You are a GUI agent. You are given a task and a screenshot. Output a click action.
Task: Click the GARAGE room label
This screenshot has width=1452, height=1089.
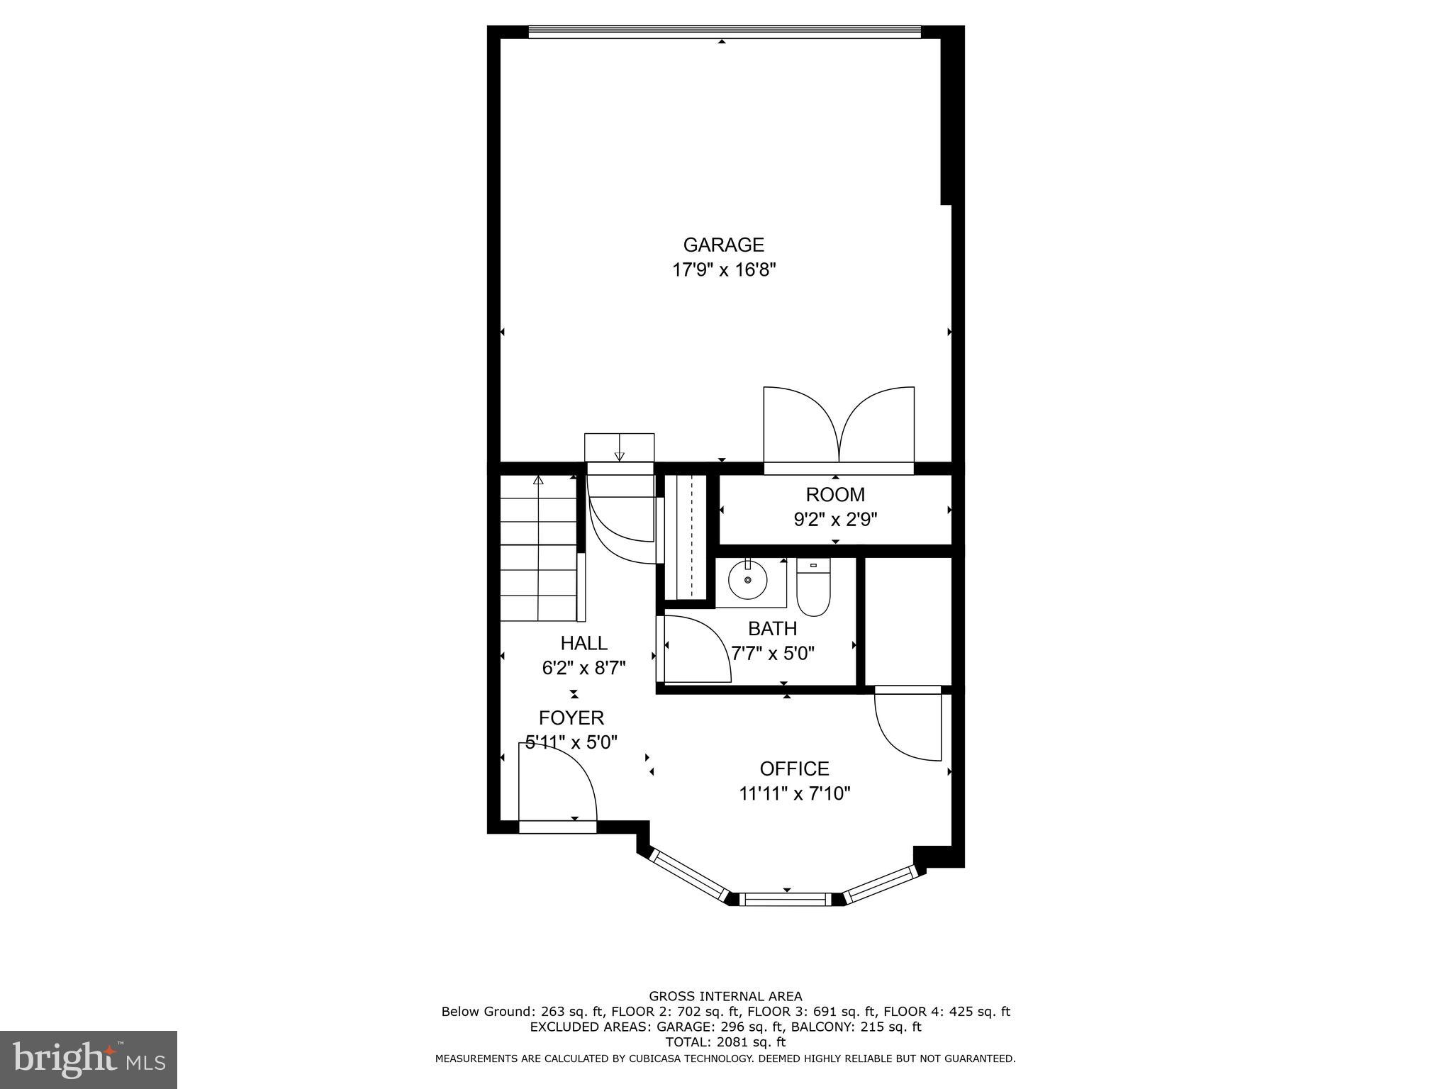click(723, 245)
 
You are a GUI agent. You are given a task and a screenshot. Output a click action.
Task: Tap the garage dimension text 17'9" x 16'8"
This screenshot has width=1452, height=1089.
click(724, 270)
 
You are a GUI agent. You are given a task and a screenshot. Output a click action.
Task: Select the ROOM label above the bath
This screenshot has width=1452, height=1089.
click(835, 494)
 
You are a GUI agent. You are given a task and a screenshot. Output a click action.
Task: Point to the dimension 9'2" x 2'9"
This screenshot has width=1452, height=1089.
click(835, 520)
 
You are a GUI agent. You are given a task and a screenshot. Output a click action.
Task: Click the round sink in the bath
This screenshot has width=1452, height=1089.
click(748, 581)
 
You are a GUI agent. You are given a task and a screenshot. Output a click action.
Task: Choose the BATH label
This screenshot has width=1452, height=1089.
click(772, 628)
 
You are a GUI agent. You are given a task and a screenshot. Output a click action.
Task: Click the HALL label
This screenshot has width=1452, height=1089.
click(583, 643)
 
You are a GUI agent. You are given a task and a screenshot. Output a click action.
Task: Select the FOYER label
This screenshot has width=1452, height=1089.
click(571, 717)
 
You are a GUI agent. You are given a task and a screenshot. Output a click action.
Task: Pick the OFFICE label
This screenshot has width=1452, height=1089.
click(794, 769)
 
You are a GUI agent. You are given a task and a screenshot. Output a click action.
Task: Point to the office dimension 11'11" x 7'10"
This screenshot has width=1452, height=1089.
click(794, 793)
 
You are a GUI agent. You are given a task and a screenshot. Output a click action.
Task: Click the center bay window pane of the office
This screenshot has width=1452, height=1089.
click(786, 900)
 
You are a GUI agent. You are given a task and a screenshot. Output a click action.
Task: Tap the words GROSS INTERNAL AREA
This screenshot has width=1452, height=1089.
click(725, 996)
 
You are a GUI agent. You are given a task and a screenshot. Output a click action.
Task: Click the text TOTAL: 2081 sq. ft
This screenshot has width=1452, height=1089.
click(725, 1042)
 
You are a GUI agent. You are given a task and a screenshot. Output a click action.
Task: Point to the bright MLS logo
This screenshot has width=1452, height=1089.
click(89, 1059)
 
